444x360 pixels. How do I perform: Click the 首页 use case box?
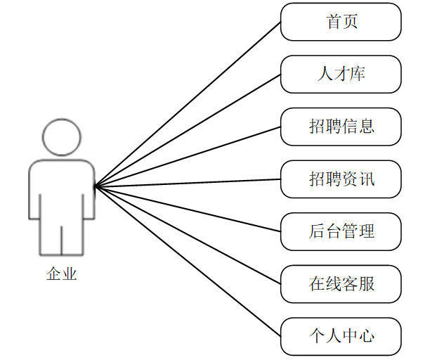tap(341, 22)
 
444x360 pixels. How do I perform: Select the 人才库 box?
tap(341, 74)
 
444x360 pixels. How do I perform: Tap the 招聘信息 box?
tap(341, 126)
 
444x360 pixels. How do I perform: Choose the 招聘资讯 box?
tap(341, 179)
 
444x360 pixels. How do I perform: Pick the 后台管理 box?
tap(341, 231)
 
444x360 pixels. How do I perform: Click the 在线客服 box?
tap(341, 283)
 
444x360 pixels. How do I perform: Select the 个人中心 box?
tap(341, 336)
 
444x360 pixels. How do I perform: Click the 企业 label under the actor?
tap(61, 274)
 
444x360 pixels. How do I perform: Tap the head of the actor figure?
tap(61, 137)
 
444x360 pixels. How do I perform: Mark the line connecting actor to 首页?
tap(188, 104)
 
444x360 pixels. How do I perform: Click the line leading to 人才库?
tap(188, 130)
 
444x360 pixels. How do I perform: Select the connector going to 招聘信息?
tap(188, 157)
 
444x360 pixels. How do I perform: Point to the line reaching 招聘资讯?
tap(188, 183)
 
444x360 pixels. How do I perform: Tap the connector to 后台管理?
tap(188, 208)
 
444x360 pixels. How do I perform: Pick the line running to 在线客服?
tap(188, 234)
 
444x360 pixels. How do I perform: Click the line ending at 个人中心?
tap(188, 260)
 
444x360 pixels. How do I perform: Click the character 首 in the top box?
tap(333, 22)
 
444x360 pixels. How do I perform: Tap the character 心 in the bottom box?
tap(366, 336)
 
